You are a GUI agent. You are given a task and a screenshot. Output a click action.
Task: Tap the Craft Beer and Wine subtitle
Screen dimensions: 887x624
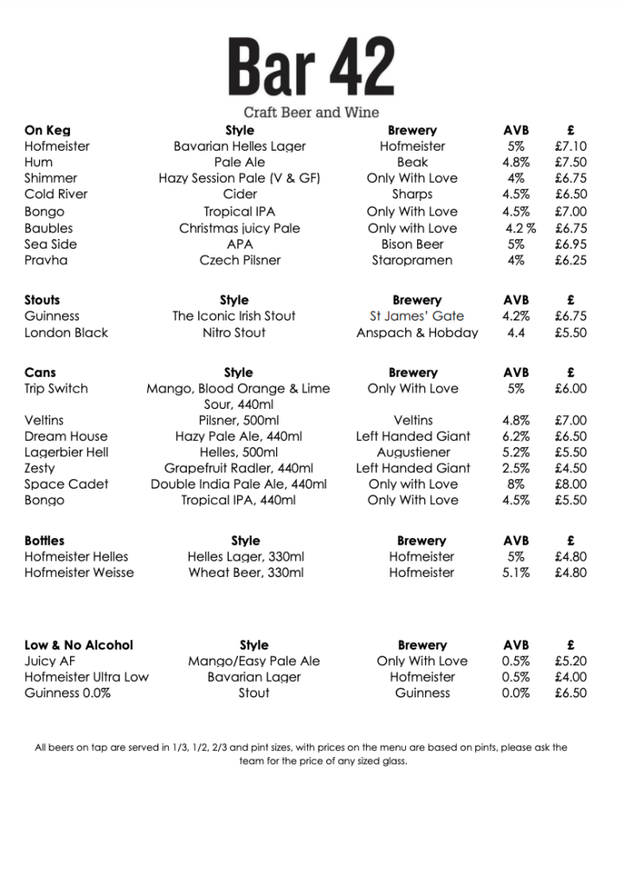[x=311, y=113]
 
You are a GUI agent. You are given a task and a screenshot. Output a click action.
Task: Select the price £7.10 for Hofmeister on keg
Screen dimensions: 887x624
[x=570, y=146]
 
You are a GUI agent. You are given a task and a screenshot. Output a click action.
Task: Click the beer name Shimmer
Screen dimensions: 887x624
[x=50, y=178]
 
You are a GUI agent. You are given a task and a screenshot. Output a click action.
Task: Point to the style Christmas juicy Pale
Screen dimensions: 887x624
[x=240, y=229]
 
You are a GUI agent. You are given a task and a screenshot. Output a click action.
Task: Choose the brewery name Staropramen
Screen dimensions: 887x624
[x=412, y=260]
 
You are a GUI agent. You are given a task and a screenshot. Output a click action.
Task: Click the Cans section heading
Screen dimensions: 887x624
[x=40, y=372]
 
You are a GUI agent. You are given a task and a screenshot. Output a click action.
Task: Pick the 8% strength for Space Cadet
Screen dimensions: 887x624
[x=516, y=484]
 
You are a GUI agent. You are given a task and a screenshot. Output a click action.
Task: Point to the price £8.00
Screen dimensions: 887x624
[x=570, y=484]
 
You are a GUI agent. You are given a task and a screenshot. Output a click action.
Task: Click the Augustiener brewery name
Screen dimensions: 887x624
[x=413, y=452]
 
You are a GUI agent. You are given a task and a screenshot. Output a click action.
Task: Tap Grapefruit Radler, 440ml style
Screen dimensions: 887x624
[x=239, y=469]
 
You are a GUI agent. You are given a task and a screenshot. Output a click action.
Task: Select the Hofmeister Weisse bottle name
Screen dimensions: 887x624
[x=79, y=573]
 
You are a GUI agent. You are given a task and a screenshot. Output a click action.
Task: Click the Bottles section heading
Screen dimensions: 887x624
[x=44, y=541]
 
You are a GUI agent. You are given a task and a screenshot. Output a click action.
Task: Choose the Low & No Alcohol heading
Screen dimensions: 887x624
[x=79, y=645]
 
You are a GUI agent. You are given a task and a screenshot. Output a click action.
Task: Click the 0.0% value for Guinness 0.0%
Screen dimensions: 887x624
[x=516, y=693]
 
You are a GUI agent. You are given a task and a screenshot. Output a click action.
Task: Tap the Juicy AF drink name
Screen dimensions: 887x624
[x=50, y=661]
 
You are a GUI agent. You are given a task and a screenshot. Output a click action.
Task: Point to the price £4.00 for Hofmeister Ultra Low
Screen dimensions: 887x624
[x=570, y=677]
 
